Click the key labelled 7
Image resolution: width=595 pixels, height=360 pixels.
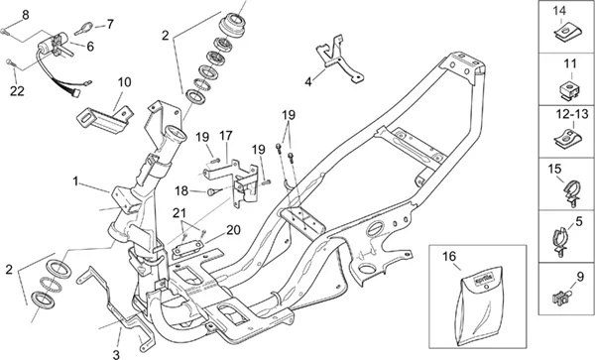pos(84,29)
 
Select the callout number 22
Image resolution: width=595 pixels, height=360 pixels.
pos(17,91)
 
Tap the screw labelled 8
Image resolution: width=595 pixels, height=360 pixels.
pos(3,31)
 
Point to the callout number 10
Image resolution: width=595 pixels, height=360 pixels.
pos(124,82)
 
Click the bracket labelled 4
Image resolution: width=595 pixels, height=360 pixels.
pos(339,60)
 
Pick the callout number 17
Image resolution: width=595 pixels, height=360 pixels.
pos(226,136)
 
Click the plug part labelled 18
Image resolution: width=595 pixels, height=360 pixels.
pos(211,192)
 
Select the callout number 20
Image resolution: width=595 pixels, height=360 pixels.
pos(233,230)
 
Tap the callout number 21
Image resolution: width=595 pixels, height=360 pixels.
pos(179,213)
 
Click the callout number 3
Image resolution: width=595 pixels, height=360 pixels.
pos(116,355)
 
